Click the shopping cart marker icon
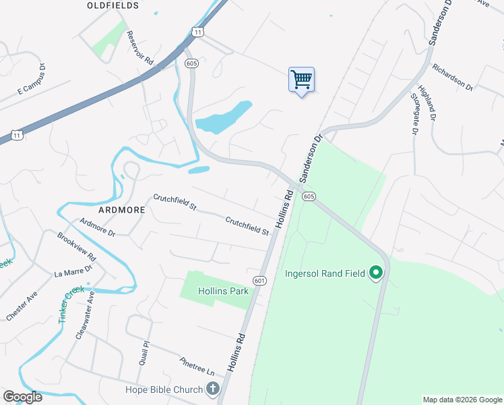click(301, 80)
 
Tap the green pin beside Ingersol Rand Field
click(376, 273)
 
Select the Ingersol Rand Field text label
click(325, 273)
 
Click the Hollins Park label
click(224, 291)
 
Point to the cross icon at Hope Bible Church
click(213, 389)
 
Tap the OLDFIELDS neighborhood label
click(113, 5)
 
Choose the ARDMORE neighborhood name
click(122, 210)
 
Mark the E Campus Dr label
click(30, 79)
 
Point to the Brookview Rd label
click(76, 247)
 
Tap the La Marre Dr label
click(73, 271)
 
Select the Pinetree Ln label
click(197, 367)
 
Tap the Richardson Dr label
click(453, 78)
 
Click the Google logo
click(22, 397)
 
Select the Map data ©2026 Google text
click(462, 400)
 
